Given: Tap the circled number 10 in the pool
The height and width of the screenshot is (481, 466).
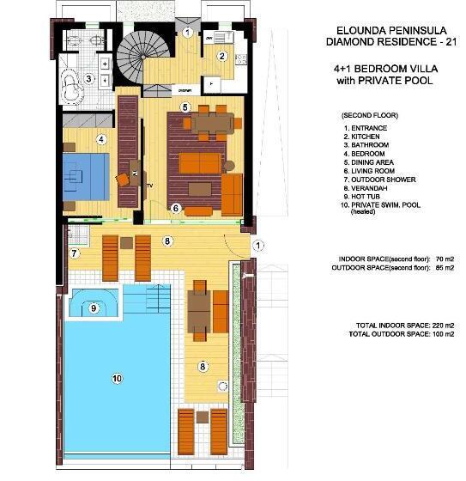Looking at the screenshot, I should [x=118, y=376].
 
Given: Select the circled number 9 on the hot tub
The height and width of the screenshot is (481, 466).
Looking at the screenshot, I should [x=94, y=307].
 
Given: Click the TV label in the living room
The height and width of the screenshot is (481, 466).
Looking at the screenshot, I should [x=149, y=186].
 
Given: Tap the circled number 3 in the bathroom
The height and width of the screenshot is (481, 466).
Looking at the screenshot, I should [x=88, y=79].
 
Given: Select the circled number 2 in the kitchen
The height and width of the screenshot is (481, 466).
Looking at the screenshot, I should [x=221, y=57].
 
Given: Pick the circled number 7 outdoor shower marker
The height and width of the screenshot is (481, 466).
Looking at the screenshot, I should [x=75, y=253].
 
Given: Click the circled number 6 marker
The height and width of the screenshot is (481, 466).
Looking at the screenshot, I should [x=175, y=207].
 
